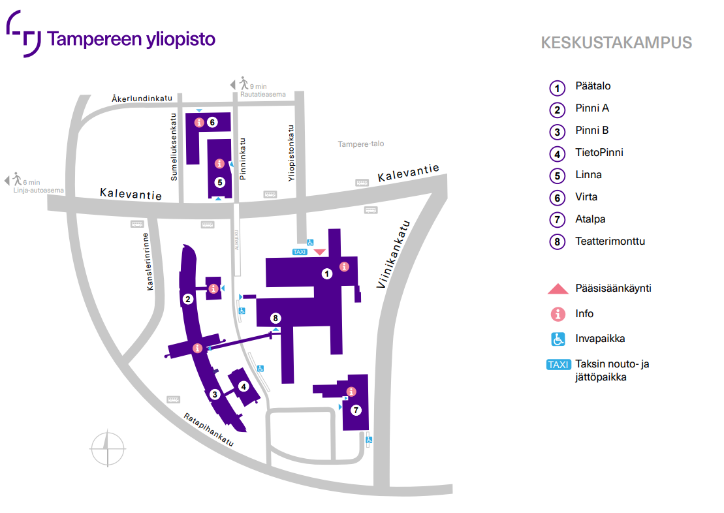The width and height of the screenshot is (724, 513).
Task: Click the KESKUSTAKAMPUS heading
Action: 616,43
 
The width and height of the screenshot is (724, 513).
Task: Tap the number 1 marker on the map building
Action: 327,274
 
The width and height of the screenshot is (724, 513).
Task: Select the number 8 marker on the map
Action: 275,318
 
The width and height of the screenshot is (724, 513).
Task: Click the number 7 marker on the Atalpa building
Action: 356,410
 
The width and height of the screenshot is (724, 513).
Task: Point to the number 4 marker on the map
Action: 244,386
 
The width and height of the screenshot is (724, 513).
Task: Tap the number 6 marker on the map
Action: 212,122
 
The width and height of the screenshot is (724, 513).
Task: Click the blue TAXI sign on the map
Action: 300,252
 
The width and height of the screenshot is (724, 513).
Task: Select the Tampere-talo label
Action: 360,144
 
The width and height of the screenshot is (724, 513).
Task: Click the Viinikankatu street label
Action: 393,255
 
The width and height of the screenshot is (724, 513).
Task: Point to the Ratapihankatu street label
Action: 209,429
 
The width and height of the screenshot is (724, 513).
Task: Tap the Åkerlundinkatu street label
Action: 142,99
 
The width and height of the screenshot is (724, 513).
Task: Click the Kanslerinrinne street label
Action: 148,261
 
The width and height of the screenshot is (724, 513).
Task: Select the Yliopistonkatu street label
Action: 291,153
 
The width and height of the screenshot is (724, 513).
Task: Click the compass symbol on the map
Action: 108,448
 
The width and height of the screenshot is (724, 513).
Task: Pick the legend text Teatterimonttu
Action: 610,241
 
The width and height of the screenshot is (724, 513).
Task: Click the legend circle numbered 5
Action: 558,176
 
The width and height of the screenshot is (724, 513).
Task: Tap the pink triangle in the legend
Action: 558,289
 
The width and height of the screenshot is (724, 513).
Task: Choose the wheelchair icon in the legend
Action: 558,339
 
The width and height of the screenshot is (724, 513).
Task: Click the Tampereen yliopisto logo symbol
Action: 23,34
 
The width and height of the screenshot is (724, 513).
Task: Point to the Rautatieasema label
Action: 262,94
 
